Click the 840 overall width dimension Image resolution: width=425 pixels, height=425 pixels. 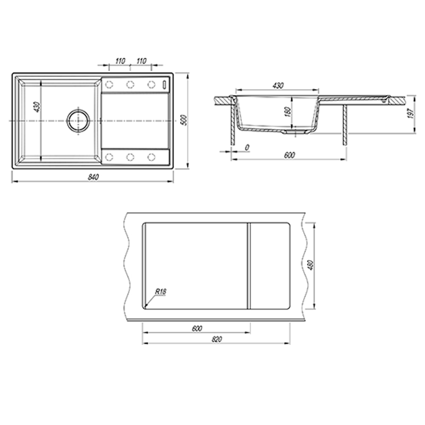point(93,177)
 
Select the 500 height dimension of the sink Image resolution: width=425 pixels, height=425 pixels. point(184,120)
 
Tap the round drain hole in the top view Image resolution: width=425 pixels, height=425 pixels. point(78,121)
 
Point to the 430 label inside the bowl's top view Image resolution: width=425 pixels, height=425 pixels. point(37,107)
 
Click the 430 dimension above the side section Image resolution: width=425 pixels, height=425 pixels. point(277,86)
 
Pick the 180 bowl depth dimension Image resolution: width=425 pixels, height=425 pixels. point(288,112)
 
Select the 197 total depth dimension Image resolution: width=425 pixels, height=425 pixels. point(411,113)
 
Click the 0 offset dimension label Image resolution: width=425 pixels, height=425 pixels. point(246,148)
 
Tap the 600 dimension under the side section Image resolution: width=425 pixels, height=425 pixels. point(289,155)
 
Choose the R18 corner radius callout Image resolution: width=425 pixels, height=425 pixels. point(160,292)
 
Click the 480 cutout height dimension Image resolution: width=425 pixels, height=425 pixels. point(311,265)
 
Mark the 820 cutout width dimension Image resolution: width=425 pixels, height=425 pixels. point(216,339)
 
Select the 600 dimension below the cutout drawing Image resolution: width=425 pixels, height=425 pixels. point(197,328)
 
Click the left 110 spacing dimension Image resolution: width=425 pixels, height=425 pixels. point(120,61)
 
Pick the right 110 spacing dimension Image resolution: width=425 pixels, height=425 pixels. point(141,61)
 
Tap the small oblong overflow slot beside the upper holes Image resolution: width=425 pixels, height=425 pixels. point(164,84)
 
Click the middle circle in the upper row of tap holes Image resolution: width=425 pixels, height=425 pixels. point(130,84)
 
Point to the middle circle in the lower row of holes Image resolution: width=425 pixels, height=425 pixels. point(130,157)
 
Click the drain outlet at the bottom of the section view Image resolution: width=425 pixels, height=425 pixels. point(295,132)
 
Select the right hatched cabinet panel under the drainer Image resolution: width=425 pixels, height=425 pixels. point(345,125)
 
